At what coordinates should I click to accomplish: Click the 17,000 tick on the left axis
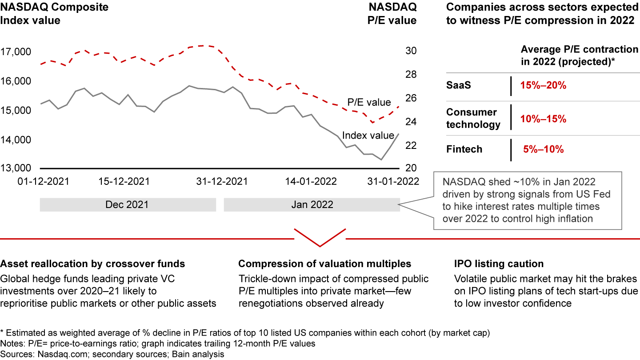point(16,52)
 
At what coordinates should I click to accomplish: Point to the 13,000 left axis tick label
point(16,168)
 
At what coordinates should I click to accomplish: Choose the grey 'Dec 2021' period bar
point(128,205)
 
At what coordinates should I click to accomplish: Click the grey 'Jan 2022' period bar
point(312,205)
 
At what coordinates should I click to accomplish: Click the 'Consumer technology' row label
point(473,118)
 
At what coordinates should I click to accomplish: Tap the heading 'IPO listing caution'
point(499,264)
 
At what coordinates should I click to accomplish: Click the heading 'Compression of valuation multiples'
point(324,264)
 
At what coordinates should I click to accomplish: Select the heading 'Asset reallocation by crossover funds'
point(92,264)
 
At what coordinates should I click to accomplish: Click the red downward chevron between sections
point(320,238)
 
